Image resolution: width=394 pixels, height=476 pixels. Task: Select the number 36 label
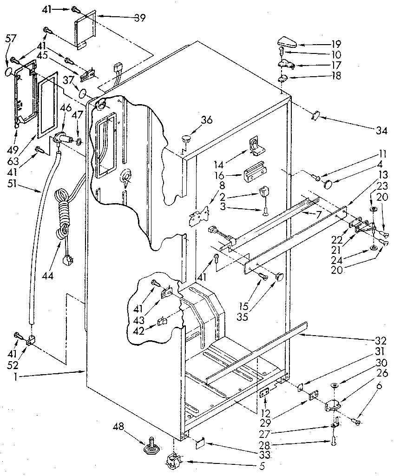[206, 120]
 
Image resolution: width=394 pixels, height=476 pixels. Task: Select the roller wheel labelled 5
[172, 463]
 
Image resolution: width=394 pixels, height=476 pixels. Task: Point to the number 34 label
[381, 131]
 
